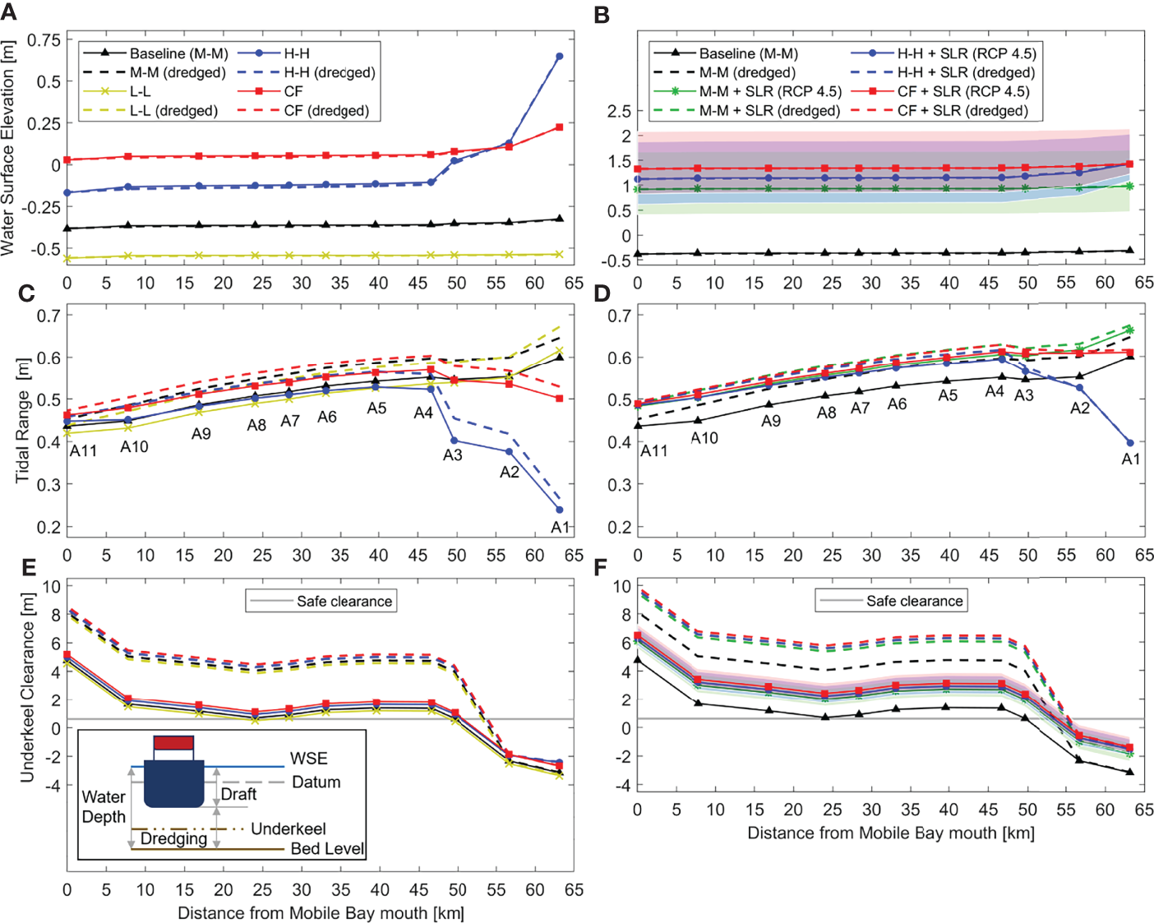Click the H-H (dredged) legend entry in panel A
coord(329,72)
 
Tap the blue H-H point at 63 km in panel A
coord(560,57)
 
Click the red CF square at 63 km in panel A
coord(560,127)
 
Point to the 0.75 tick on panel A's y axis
coord(44,40)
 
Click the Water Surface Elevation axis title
coord(9,148)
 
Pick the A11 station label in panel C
coord(83,450)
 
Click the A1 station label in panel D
coord(1131,459)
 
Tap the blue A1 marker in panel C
coord(560,510)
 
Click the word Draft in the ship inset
coord(238,794)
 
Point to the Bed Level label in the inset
coord(327,848)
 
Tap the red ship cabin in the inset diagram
coord(173,743)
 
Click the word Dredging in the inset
coord(173,838)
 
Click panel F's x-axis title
coord(890,833)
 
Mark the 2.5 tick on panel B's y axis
coord(620,111)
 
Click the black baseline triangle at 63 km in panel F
coord(1129,772)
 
